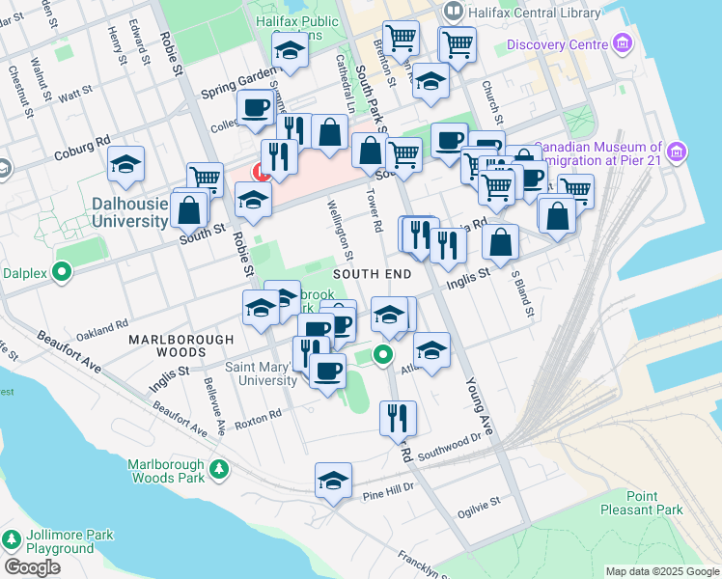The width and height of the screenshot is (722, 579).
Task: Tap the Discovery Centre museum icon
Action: coord(622,44)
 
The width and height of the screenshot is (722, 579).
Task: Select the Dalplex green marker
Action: coord(63,272)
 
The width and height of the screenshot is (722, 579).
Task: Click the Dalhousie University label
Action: coord(130,212)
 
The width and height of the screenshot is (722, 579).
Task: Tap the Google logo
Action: coord(32,567)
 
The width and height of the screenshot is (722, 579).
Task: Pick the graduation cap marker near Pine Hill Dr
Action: coord(333,481)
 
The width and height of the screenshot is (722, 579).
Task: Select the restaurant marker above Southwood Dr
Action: coord(398,418)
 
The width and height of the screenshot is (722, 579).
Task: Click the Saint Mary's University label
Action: coord(261,373)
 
